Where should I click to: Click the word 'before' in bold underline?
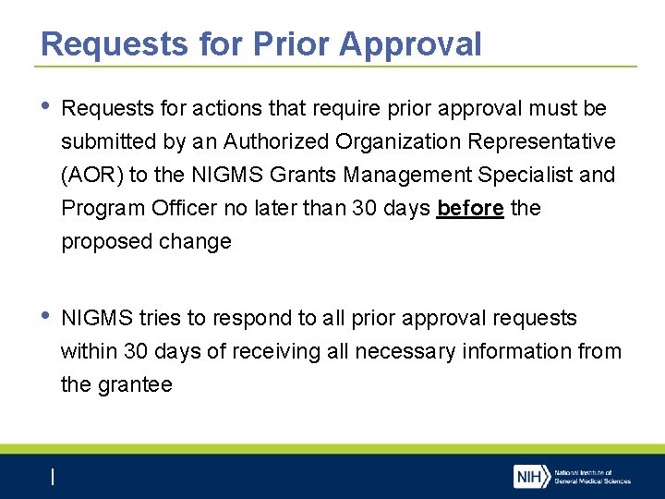click(470, 208)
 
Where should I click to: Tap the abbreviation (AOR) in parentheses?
click(91, 175)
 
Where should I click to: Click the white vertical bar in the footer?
click(53, 477)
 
